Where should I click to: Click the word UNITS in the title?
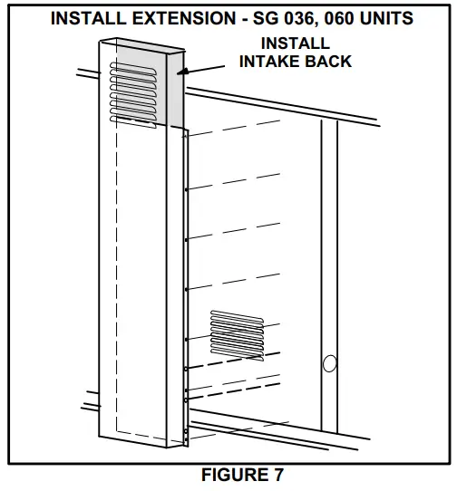pos(400,17)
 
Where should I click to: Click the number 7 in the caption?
pos(283,475)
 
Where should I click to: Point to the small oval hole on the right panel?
pos(329,364)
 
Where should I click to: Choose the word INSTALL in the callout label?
pos(295,43)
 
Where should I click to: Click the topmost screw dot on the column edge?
pos(186,190)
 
